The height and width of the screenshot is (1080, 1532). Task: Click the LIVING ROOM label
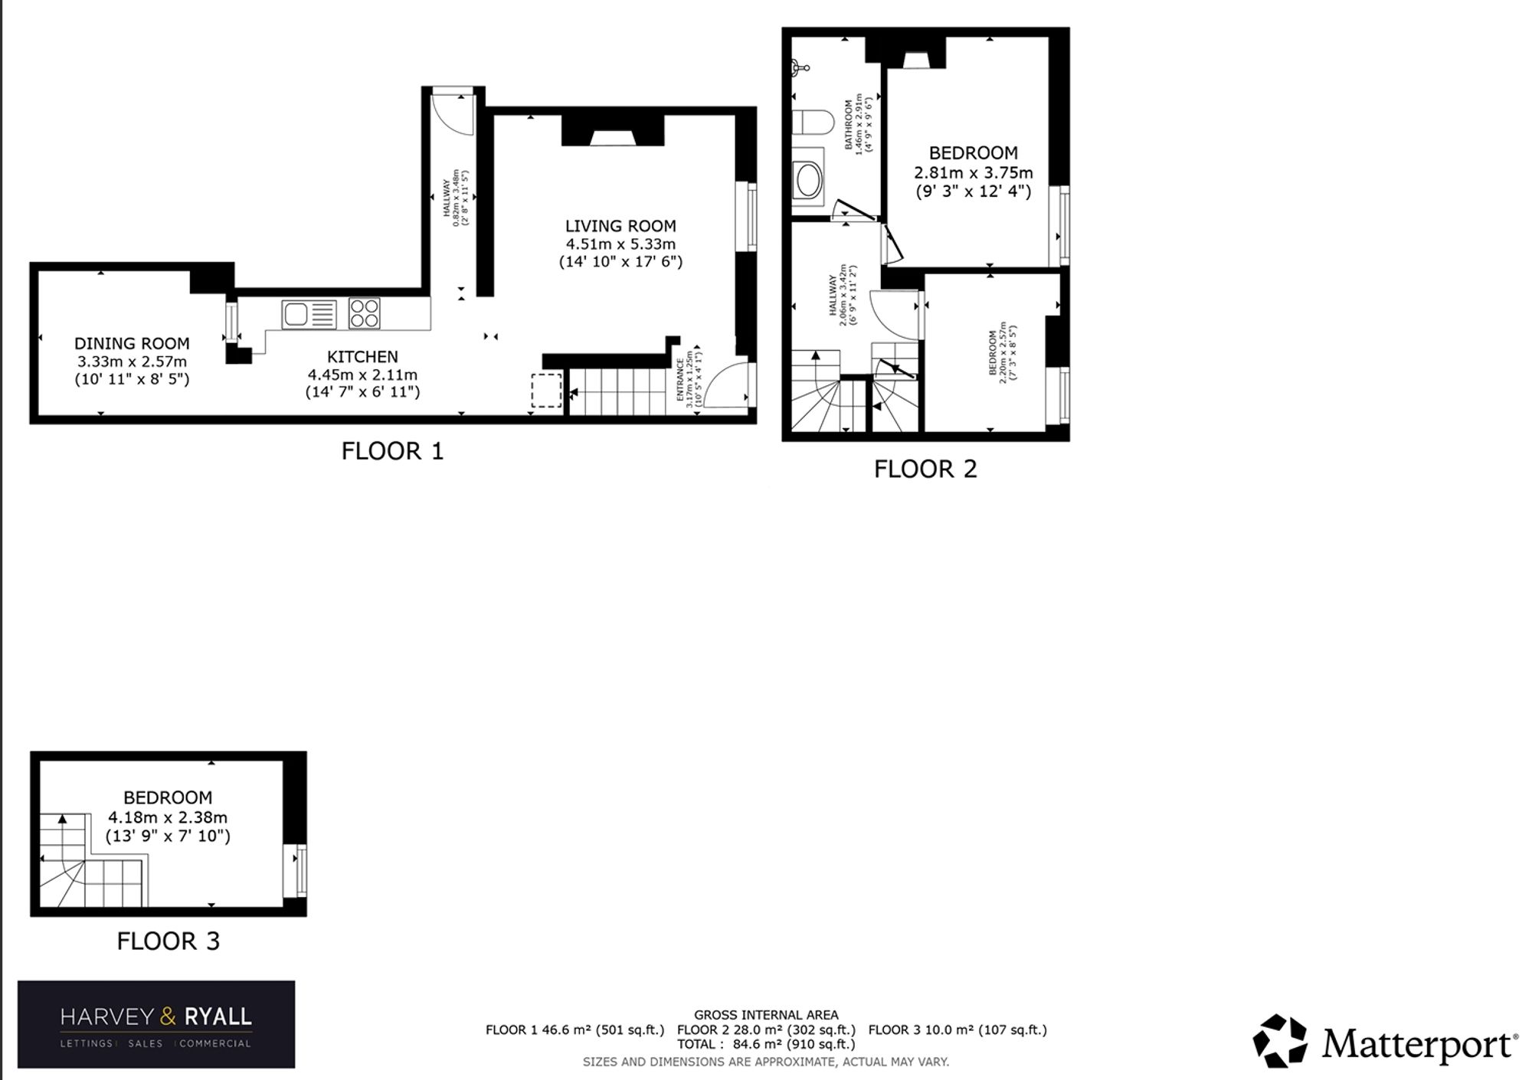pos(620,226)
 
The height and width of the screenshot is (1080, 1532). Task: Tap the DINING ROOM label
pos(132,344)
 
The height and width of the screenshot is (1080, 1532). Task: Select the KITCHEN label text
pos(362,357)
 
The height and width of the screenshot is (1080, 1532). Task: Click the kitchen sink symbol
pos(309,314)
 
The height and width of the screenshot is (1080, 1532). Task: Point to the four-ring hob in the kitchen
pos(364,313)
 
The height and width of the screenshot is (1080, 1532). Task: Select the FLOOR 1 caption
pos(392,451)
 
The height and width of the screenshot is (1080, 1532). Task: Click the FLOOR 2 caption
pos(925,469)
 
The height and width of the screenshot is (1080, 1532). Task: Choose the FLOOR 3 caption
pos(169,941)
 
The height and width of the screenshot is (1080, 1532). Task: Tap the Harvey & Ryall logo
pos(156,1024)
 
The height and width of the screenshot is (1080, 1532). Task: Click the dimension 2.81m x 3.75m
pos(973,172)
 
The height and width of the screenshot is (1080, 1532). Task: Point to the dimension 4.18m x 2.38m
pos(168,817)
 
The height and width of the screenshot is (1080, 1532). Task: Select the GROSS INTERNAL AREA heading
pos(766,1015)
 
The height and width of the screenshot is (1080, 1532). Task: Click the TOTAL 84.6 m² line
pos(766,1044)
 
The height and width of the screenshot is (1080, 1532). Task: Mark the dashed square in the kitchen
pos(547,390)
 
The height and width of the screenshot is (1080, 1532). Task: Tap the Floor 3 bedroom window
pos(296,871)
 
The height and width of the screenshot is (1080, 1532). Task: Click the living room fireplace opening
pos(612,138)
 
